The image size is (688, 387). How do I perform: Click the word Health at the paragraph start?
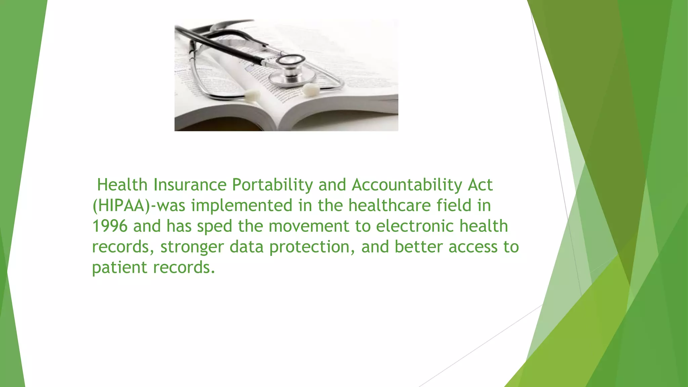pos(122,185)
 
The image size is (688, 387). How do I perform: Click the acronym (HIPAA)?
pos(121,206)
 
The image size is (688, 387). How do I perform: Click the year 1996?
pos(110,226)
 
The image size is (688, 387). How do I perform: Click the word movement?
pos(309,226)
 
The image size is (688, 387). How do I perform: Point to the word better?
pos(419,247)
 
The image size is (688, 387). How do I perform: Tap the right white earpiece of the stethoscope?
pos(311,89)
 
